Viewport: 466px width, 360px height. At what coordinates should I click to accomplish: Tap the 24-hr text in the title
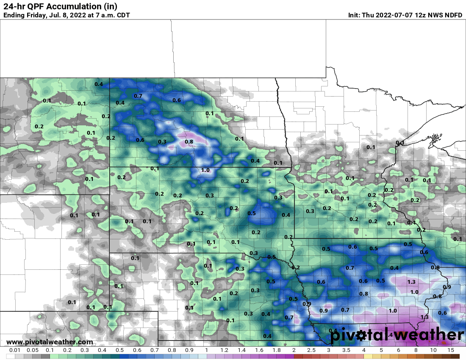(14, 6)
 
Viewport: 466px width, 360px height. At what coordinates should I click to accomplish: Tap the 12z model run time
(408, 15)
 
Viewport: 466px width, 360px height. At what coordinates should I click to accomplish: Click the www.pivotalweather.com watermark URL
(50, 342)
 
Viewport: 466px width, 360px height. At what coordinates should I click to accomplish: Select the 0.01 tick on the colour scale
(15, 350)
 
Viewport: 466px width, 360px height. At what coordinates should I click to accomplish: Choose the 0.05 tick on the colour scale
(32, 350)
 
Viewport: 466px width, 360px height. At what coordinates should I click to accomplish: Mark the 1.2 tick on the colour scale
(224, 350)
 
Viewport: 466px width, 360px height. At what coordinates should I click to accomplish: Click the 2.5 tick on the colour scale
(311, 350)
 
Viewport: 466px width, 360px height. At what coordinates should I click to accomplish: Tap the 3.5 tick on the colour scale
(346, 350)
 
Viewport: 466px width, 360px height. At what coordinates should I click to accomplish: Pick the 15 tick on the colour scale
(451, 350)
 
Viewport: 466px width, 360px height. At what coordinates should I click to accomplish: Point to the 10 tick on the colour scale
(433, 350)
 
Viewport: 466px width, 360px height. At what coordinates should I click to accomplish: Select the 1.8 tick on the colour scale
(276, 350)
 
